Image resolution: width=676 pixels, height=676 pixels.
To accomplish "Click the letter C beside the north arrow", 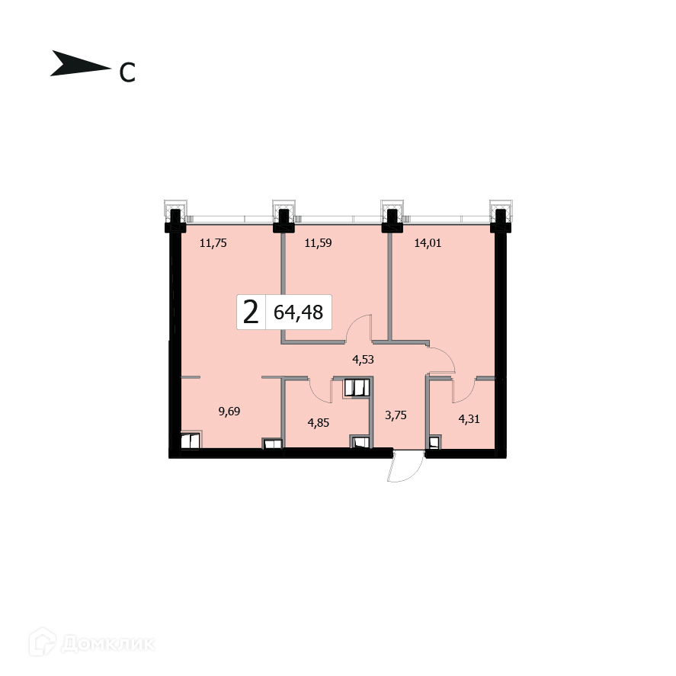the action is point(127,72).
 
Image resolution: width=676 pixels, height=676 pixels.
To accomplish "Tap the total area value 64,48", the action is point(298,312).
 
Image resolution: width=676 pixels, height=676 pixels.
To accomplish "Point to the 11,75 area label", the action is point(213,244).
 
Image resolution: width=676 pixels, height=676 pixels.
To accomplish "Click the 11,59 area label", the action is point(319,244).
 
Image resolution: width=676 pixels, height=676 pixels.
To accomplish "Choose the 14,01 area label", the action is point(428,244).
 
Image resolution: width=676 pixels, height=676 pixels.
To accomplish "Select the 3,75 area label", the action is point(394,415).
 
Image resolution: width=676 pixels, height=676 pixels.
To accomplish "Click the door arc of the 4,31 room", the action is point(461,390).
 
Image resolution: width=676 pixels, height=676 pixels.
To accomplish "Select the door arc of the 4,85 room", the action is point(322,390).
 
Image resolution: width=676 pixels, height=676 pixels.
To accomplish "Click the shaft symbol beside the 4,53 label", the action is point(356,388).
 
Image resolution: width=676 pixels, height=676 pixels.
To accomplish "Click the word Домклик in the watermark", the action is point(107,644).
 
